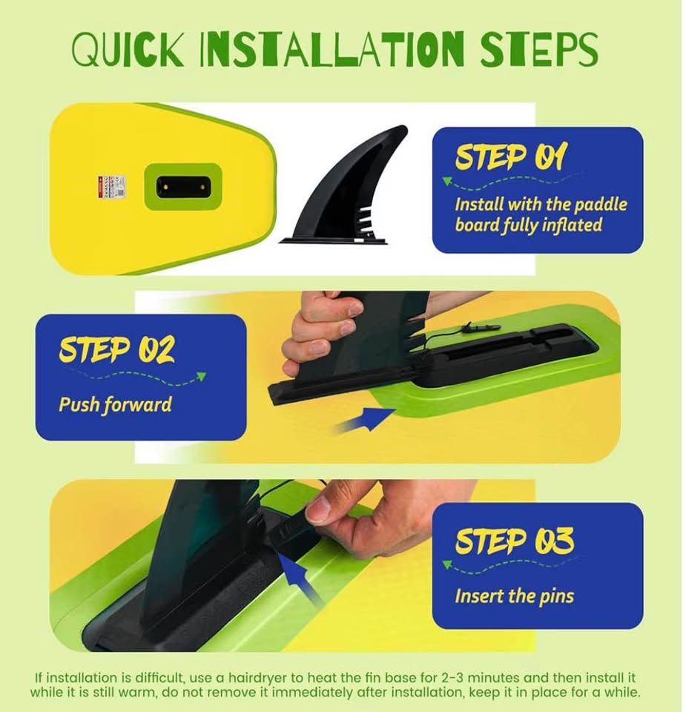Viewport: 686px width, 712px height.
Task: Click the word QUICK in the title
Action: (128, 49)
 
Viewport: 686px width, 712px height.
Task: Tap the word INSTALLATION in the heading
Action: (332, 49)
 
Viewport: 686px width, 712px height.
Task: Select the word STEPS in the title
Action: (539, 49)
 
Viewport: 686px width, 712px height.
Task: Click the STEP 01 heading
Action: (511, 157)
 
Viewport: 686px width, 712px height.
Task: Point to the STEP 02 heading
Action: (116, 349)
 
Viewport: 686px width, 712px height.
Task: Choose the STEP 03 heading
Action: (515, 541)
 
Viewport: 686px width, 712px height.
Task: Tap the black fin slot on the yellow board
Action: (183, 187)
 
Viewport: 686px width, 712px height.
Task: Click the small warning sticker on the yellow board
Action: (111, 187)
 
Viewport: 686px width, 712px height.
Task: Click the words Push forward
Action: (115, 405)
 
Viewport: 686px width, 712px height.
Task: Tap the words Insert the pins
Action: (515, 596)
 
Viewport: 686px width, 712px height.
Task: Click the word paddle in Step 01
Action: (601, 205)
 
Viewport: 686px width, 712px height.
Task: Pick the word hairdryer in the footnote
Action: (257, 678)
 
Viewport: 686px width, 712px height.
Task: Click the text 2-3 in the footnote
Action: (452, 678)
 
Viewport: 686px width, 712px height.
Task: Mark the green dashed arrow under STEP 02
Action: (136, 379)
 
